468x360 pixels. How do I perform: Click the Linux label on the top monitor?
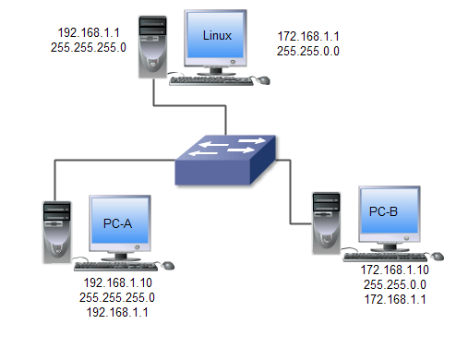click(217, 36)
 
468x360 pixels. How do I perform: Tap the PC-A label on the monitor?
click(117, 223)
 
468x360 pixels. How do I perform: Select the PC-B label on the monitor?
click(383, 211)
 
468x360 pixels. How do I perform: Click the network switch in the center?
click(225, 160)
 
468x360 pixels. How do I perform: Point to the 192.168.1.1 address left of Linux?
click(89, 32)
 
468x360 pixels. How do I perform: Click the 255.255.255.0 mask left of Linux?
click(89, 47)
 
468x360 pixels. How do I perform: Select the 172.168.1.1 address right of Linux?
click(308, 36)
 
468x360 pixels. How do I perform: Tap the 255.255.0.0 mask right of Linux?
click(308, 51)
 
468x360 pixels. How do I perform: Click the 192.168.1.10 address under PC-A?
click(118, 282)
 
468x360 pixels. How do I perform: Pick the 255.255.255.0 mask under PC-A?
click(117, 297)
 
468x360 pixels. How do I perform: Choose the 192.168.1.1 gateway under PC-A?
click(117, 312)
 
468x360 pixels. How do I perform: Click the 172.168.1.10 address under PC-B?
click(395, 270)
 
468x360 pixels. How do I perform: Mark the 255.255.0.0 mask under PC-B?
click(395, 284)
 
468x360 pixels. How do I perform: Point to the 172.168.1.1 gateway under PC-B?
click(395, 299)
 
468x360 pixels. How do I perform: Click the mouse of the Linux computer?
click(263, 80)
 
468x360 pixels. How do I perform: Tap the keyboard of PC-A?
click(116, 267)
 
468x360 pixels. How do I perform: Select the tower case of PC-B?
click(327, 223)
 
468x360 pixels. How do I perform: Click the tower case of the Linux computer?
click(152, 47)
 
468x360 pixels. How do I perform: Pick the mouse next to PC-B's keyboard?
click(437, 257)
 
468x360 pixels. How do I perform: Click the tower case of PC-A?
click(57, 233)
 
